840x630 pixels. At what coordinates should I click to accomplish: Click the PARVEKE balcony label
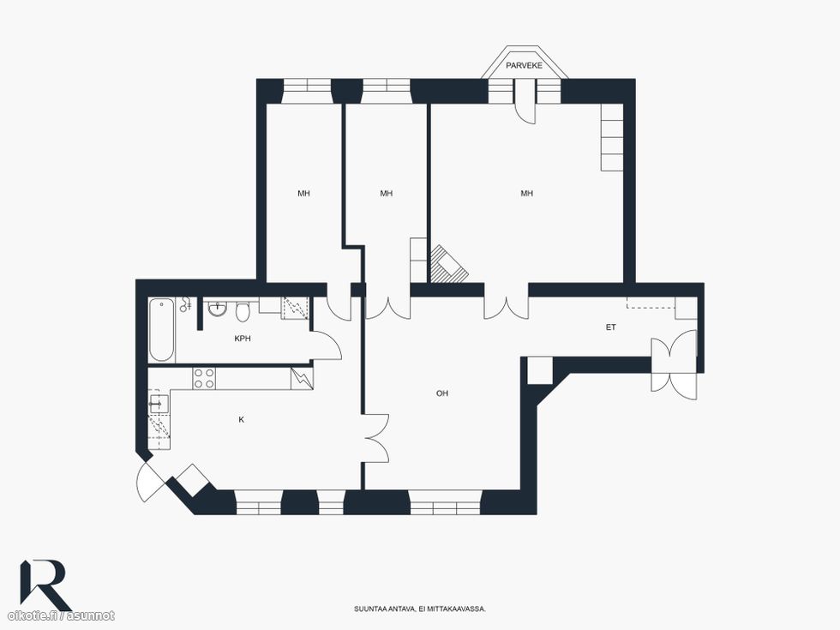(524, 65)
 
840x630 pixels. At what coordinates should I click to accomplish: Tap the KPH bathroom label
(243, 339)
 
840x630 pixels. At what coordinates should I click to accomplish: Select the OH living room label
(442, 393)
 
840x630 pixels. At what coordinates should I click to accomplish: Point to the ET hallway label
(610, 327)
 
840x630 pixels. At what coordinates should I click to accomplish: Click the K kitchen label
(241, 419)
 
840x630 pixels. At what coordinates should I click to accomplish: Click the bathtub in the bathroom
(162, 330)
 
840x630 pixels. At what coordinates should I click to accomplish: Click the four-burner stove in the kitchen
(204, 378)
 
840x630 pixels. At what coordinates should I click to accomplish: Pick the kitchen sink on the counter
(159, 404)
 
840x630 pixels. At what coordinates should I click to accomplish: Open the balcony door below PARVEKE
(525, 102)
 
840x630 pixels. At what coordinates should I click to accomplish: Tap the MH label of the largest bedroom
(526, 194)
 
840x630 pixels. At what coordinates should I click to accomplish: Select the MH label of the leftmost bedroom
(303, 194)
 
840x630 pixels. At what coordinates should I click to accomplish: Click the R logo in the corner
(45, 585)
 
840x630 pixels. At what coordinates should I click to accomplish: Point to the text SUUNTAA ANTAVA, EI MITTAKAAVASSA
(420, 609)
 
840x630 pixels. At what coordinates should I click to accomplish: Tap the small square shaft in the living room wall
(539, 370)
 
